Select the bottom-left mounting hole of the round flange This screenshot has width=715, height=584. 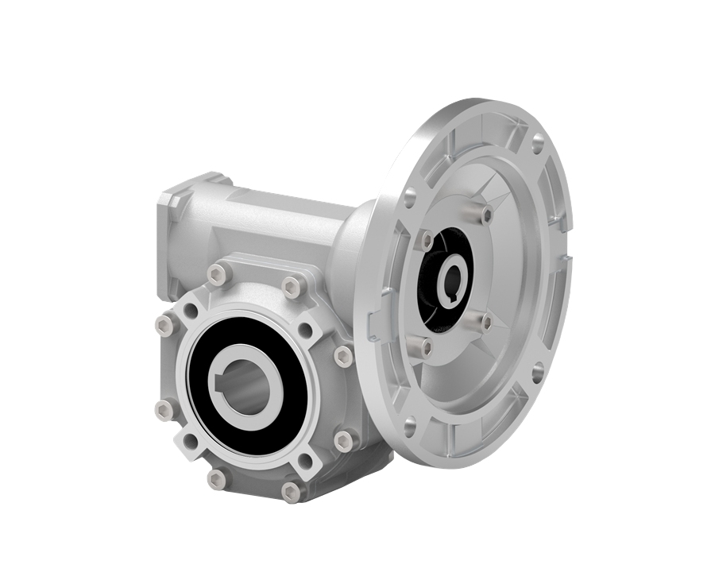click(x=408, y=423)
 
